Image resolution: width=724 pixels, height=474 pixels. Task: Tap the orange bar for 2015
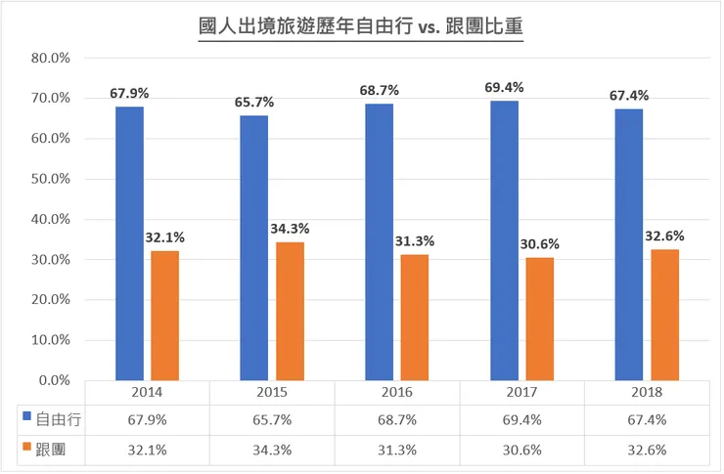[x=291, y=311]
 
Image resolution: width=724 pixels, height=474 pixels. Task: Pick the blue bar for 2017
[x=504, y=239]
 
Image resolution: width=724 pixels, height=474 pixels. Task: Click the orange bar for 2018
[x=664, y=314]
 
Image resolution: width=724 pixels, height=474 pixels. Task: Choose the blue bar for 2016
[x=379, y=241]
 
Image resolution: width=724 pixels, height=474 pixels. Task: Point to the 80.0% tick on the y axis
[x=50, y=58]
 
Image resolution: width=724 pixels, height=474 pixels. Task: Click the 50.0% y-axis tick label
[x=50, y=179]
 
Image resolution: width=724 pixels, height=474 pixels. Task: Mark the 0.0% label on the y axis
[x=53, y=380]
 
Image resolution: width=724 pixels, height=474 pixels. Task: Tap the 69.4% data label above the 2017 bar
[x=504, y=87]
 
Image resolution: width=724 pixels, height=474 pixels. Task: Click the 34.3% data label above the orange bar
[x=291, y=228]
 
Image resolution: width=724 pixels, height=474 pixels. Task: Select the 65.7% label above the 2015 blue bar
[x=254, y=102]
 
